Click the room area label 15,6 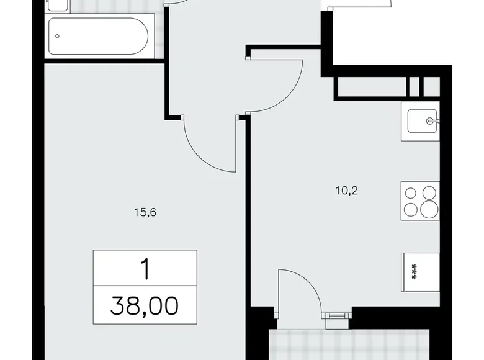[143, 212]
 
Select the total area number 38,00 [145, 305]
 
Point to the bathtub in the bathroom [98, 37]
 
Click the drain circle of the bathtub [57, 36]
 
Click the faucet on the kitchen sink [433, 120]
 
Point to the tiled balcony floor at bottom [347, 344]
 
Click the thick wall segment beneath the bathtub [102, 60]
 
